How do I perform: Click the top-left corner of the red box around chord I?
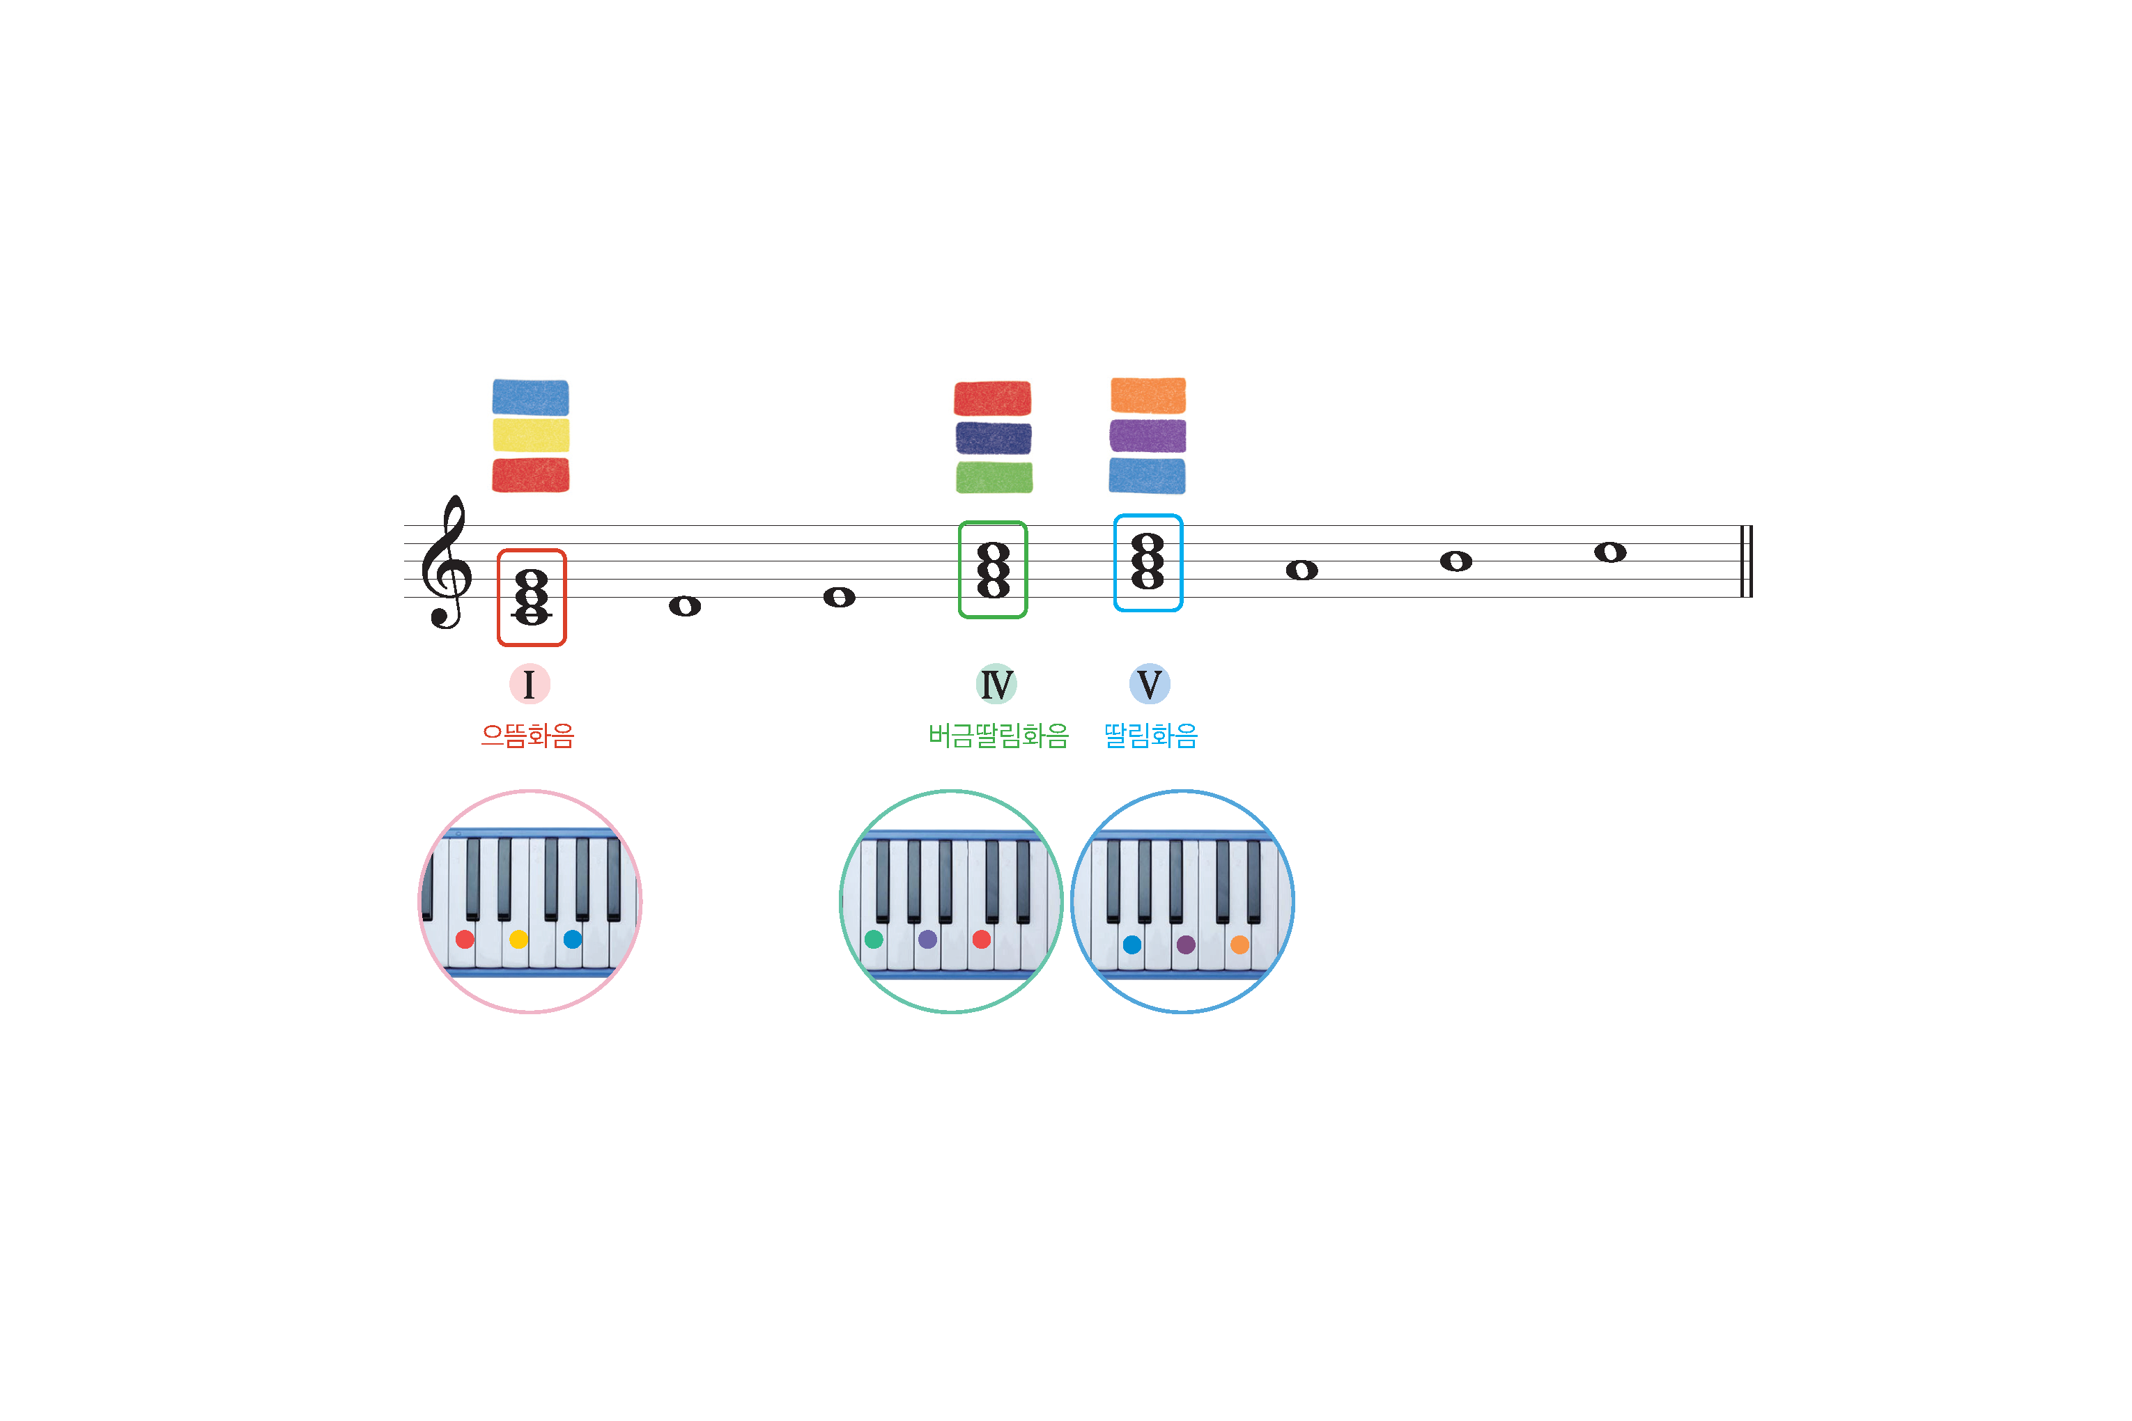499,550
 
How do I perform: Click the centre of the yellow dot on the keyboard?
518,939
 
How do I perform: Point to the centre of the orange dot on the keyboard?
1240,945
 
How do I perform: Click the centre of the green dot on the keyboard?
874,939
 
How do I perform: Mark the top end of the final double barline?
1747,526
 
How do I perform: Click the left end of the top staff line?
404,526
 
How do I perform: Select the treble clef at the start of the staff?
446,562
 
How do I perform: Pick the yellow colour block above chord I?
531,435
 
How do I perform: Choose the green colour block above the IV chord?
994,478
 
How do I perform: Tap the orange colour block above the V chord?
1148,395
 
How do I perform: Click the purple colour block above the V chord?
1148,436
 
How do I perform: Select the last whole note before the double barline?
1610,552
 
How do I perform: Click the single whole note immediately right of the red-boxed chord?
686,606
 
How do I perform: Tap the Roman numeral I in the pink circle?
530,684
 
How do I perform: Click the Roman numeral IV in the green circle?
997,684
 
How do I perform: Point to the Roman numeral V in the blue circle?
1150,684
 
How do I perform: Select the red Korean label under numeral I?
527,735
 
